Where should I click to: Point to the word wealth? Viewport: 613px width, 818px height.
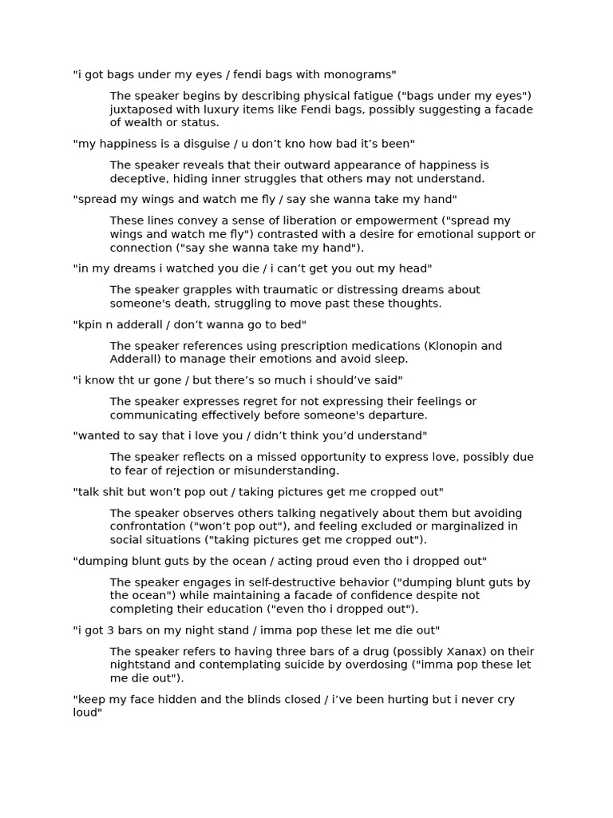145,123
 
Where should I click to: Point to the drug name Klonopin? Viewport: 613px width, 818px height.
453,346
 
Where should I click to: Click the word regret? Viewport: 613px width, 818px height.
255,402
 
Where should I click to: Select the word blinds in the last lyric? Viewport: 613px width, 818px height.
247,700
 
